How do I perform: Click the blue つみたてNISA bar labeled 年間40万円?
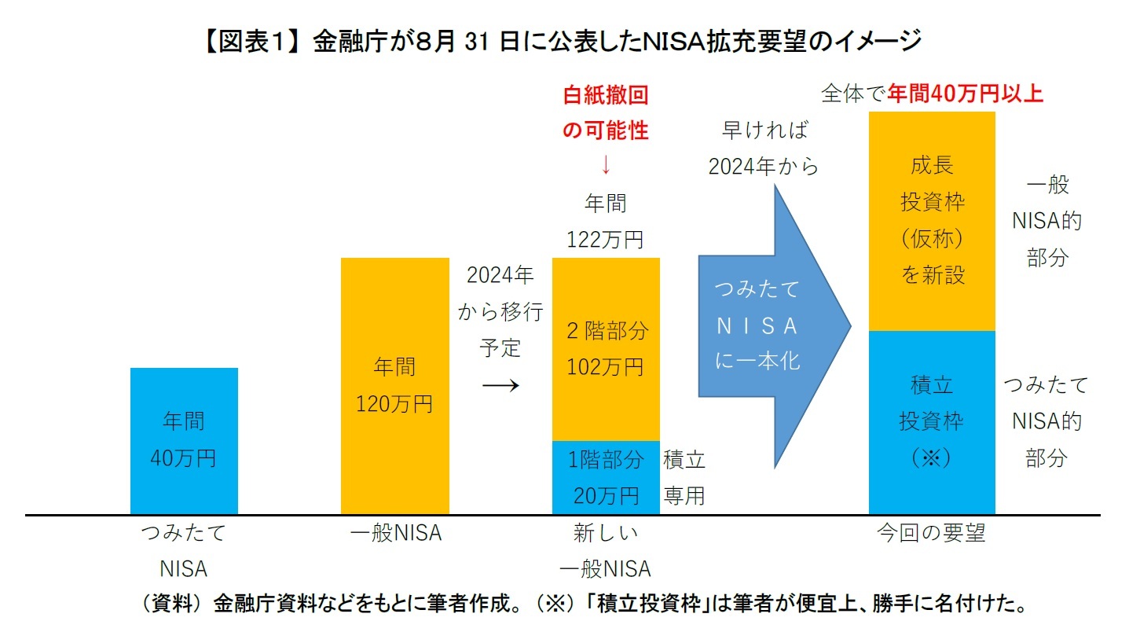184,440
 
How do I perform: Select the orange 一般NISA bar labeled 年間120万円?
394,385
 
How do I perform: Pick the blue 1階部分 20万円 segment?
606,477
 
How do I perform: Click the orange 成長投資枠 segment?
932,220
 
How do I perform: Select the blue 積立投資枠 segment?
932,422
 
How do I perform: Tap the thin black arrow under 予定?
500,384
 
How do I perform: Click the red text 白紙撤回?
606,96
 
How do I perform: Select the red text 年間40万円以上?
965,94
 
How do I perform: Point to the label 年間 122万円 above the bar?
606,222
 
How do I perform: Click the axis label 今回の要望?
931,534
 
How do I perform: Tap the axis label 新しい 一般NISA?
606,550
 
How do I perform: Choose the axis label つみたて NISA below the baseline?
183,550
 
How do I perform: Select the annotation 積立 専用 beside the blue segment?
684,477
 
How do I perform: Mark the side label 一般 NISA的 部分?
1047,222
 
